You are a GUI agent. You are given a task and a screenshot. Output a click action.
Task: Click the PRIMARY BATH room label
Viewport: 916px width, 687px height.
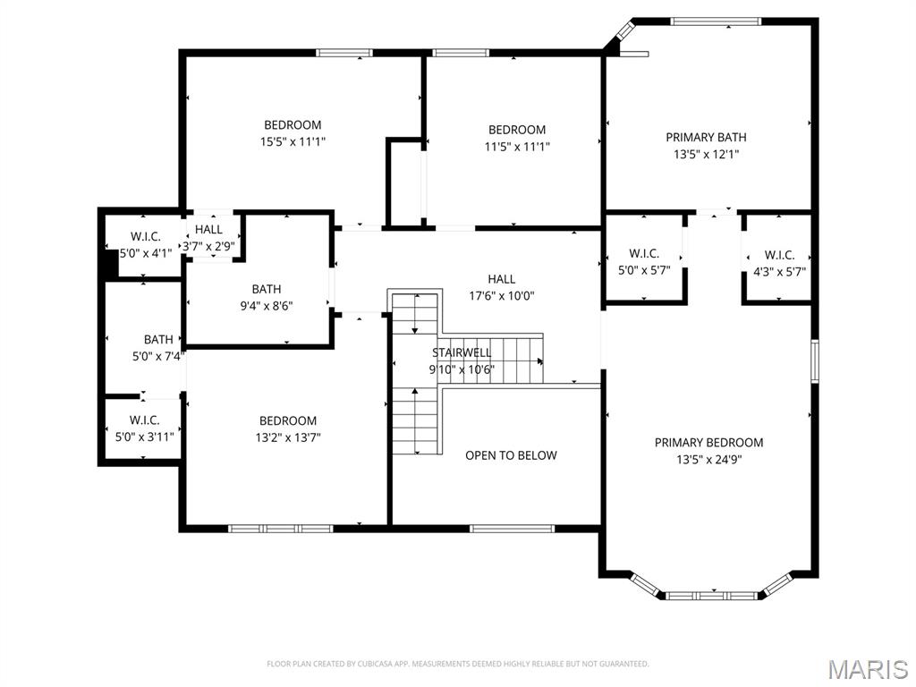pos(706,137)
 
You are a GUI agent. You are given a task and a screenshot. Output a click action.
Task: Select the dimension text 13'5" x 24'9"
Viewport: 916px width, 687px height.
pos(708,460)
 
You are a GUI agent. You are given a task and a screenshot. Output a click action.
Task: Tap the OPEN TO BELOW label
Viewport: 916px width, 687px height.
pos(511,455)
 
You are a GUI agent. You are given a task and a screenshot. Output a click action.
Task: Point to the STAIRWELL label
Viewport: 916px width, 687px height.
pos(462,352)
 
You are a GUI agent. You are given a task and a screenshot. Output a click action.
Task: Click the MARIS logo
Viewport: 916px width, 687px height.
pos(867,669)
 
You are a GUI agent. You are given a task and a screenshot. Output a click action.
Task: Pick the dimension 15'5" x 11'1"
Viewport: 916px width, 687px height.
pos(293,141)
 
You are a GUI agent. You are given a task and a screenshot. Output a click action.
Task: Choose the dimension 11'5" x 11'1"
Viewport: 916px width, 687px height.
pos(517,147)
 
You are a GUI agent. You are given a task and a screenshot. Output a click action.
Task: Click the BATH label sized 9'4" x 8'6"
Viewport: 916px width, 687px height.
pos(266,289)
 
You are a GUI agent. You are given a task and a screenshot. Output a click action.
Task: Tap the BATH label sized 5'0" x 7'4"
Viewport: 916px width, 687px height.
pos(158,339)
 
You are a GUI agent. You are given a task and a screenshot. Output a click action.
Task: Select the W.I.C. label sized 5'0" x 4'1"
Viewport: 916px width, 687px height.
pos(145,236)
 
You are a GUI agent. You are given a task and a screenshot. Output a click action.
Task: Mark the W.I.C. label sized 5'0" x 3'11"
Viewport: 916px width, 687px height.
pos(144,420)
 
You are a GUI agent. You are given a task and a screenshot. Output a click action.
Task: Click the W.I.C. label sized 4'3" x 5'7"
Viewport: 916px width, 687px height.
pos(779,255)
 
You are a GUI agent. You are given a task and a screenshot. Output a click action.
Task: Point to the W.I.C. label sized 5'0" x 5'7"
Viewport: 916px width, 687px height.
pos(644,253)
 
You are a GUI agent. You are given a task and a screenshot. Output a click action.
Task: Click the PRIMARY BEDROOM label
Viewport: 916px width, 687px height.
pos(708,443)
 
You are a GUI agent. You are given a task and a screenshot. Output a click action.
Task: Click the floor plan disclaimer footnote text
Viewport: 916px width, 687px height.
pos(457,664)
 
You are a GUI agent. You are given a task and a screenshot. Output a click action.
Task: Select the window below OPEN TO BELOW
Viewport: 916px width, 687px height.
pos(512,528)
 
